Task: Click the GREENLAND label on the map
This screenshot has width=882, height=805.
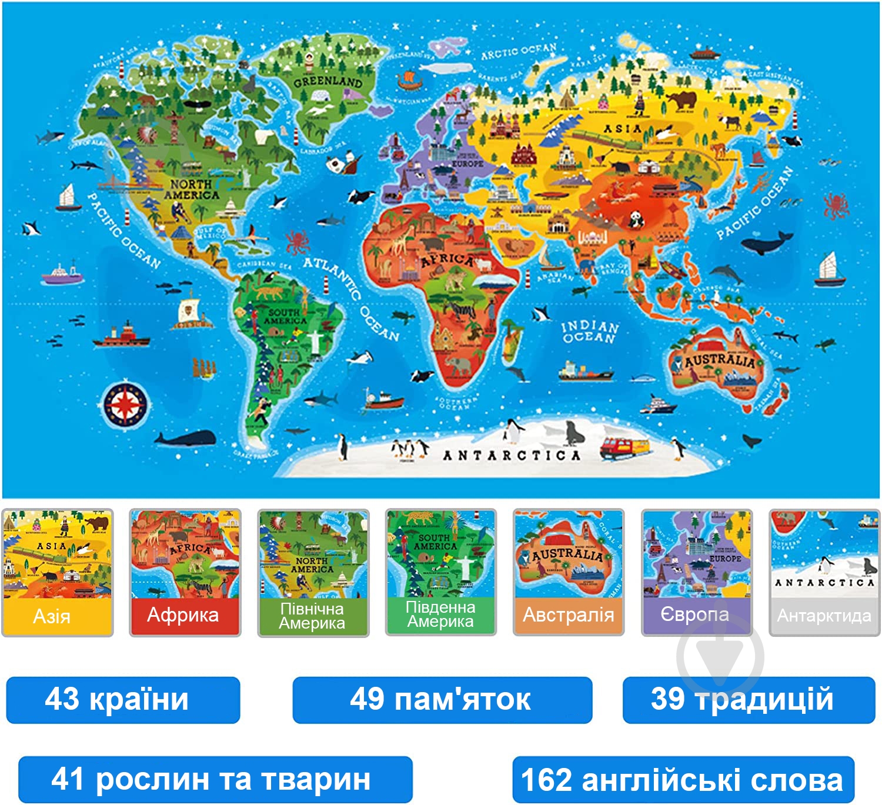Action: (x=328, y=82)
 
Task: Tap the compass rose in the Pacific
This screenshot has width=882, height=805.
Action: (x=125, y=405)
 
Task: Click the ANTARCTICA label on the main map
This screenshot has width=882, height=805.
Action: (x=511, y=455)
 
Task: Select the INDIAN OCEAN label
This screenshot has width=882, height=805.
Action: (x=589, y=332)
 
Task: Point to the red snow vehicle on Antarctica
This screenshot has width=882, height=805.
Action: (x=624, y=447)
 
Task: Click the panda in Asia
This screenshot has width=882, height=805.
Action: (x=636, y=219)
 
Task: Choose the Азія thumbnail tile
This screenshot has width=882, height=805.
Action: (x=57, y=572)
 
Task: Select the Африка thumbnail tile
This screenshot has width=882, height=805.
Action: (x=185, y=572)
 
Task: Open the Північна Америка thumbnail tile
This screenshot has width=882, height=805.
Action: (x=313, y=572)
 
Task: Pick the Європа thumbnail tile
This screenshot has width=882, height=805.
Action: (x=696, y=572)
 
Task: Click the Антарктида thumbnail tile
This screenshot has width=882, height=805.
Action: (x=824, y=572)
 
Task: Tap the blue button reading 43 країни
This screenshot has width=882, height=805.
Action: (x=123, y=700)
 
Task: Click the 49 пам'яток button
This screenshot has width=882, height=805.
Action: (x=442, y=700)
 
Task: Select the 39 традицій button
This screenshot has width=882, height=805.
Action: (x=748, y=700)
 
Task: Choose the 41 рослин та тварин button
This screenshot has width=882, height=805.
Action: (x=215, y=779)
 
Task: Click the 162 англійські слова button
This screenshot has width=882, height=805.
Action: (x=683, y=780)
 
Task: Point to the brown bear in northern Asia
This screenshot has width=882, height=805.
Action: (x=682, y=100)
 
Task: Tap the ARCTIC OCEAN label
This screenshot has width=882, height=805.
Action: (x=519, y=51)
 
